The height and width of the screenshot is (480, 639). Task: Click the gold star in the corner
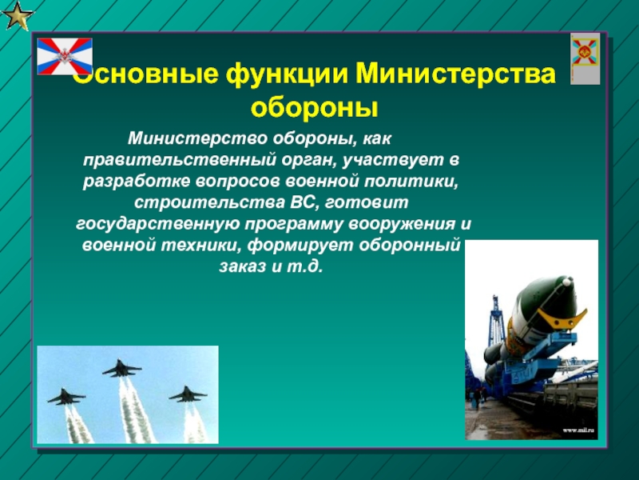[x=17, y=15]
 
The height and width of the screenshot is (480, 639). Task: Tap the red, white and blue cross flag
[x=65, y=56]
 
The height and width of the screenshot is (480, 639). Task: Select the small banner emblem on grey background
[x=585, y=58]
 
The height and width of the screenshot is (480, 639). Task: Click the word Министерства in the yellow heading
[x=455, y=74]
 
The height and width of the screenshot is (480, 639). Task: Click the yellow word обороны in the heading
[x=314, y=107]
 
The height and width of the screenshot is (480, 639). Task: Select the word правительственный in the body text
[x=179, y=160]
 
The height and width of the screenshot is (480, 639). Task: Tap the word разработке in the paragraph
[x=136, y=182]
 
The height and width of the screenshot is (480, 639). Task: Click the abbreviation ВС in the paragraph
[x=304, y=202]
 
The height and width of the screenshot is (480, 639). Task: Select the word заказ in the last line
[x=242, y=267]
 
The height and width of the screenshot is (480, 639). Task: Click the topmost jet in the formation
[x=122, y=368]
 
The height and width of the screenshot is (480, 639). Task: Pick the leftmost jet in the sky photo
[x=66, y=397]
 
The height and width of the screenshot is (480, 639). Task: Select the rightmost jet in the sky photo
[x=188, y=394]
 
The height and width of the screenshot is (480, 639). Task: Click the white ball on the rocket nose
[x=566, y=282]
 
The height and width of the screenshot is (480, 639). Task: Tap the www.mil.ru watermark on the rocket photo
[x=578, y=430]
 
